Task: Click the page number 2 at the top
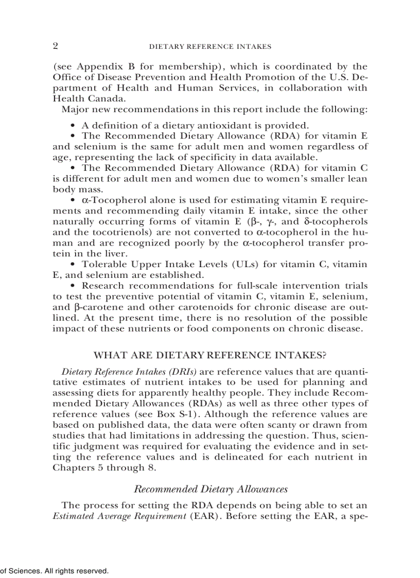tap(56, 46)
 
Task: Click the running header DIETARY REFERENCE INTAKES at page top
tap(209, 46)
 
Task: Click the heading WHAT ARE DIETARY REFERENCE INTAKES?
tap(209, 355)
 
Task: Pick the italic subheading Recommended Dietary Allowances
tap(210, 489)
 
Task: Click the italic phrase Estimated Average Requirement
tap(119, 516)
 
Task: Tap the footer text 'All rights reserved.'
tap(77, 571)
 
